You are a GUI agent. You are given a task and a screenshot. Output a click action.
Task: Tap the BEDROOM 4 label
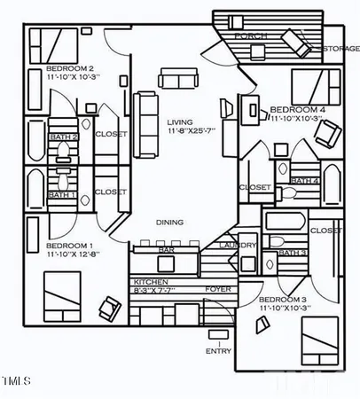[x=293, y=108]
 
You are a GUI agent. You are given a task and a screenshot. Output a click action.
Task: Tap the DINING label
[x=170, y=222]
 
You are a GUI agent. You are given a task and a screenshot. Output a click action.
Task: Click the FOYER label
[x=217, y=289]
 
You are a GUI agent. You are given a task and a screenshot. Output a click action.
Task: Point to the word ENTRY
[x=219, y=350]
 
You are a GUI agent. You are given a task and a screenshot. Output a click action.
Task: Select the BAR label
[x=165, y=251]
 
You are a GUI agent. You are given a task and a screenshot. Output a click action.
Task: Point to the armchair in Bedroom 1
[x=111, y=308]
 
